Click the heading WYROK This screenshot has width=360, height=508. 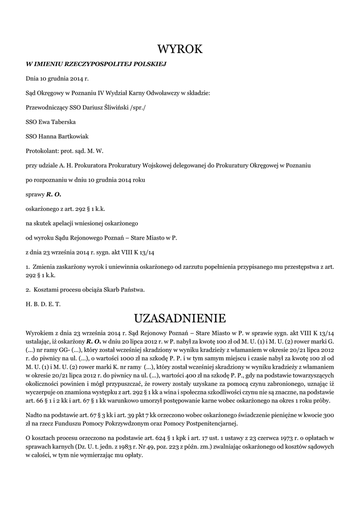[180, 49]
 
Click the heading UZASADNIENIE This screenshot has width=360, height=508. [180, 317]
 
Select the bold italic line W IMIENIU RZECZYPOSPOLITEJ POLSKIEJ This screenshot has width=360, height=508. [95, 64]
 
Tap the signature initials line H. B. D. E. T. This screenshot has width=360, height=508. [43, 304]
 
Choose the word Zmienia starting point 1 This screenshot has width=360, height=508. [45, 266]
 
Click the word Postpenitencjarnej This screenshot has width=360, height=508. [209, 424]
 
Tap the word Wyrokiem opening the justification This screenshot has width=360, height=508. [40, 334]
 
